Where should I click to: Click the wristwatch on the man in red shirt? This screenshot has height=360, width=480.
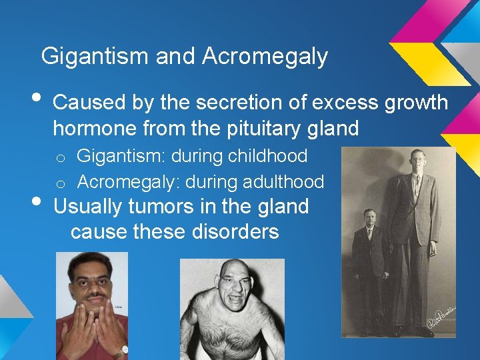pos(123,349)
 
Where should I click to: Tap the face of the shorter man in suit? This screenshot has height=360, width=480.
pos(369,219)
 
